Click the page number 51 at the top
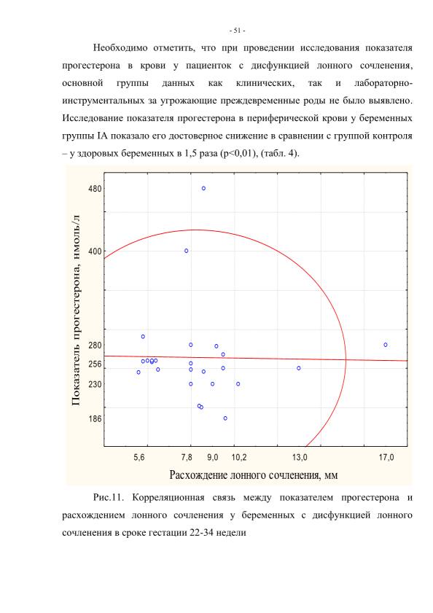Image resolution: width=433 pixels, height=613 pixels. [237, 31]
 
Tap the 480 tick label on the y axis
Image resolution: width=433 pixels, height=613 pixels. [95, 189]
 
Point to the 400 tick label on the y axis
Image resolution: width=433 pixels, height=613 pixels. [95, 251]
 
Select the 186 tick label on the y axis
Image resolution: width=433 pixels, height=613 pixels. [95, 418]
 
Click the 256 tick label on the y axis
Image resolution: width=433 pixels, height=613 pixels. [95, 364]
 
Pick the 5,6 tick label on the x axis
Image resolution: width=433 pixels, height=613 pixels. [139, 458]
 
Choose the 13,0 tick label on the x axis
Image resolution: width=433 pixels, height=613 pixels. [300, 458]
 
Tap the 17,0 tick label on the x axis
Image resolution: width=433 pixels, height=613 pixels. [386, 458]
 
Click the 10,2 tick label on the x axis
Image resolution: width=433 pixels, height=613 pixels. [239, 458]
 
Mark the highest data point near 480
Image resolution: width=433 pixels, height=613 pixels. [203, 189]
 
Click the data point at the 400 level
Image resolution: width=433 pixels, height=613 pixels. [186, 251]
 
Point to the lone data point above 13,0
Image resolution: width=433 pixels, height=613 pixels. [298, 368]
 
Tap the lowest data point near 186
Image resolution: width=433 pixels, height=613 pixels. [225, 418]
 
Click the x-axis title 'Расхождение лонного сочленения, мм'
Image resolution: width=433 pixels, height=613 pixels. [254, 475]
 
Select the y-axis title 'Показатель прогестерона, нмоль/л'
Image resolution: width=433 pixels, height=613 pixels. [76, 310]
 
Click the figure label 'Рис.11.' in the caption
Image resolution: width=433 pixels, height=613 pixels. [109, 498]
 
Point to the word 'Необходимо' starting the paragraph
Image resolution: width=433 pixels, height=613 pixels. [120, 48]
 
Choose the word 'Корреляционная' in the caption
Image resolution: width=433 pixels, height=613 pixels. [168, 498]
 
